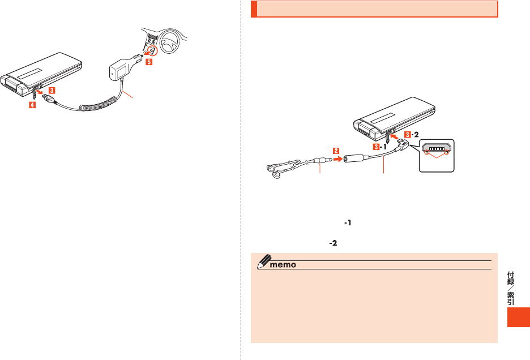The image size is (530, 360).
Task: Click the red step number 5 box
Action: pos(149,63)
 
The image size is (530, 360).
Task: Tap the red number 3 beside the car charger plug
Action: pos(52,90)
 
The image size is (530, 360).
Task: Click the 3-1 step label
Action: pos(381,146)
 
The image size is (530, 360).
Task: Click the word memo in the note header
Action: pos(281,265)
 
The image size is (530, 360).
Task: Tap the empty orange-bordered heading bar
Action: pos(374,10)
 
